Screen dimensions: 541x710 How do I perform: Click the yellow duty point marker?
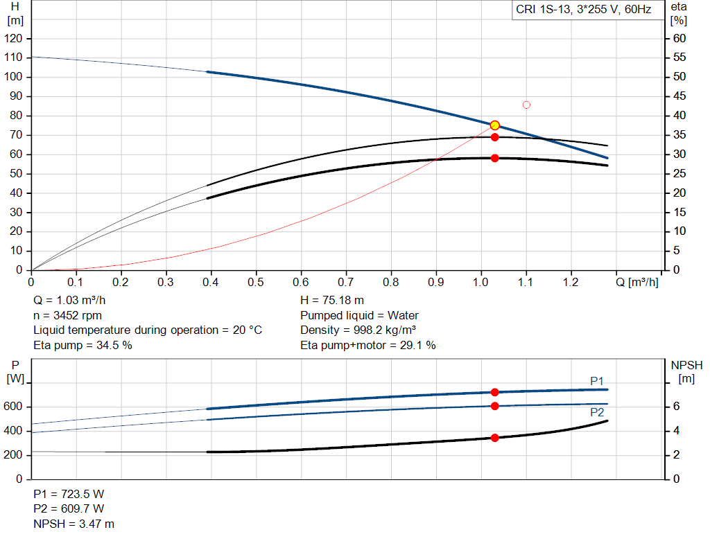494,125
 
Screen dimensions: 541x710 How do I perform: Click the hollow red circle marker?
526,105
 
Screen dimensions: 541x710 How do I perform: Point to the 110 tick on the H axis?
14,57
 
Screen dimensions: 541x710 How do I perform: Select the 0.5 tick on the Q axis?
256,283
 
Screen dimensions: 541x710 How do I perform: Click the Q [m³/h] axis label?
636,283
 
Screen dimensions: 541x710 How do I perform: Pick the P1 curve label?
597,381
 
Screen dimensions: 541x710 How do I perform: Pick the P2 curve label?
597,412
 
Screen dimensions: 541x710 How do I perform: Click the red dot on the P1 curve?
494,393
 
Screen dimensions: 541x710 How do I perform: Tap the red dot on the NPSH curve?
494,438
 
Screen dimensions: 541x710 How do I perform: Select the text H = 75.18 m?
332,301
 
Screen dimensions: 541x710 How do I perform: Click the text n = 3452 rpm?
67,315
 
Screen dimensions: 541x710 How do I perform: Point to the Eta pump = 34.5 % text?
83,345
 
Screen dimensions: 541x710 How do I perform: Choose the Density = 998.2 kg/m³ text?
358,330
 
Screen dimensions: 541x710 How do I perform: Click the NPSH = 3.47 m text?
74,524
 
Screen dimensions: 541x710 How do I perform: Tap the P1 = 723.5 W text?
69,495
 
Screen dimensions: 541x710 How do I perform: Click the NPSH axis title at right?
686,365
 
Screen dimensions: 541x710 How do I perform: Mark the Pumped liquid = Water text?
359,315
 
